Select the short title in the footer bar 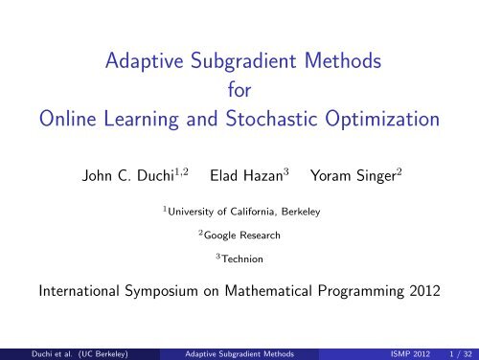click(x=241, y=351)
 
